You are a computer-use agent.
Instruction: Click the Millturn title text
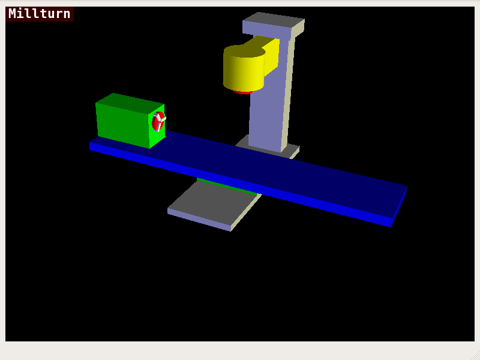(40, 13)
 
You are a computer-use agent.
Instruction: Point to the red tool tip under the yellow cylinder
(242, 92)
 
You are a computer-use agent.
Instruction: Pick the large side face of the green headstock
(122, 123)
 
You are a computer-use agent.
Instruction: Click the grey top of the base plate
(213, 201)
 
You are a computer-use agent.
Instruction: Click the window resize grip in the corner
(475, 355)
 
